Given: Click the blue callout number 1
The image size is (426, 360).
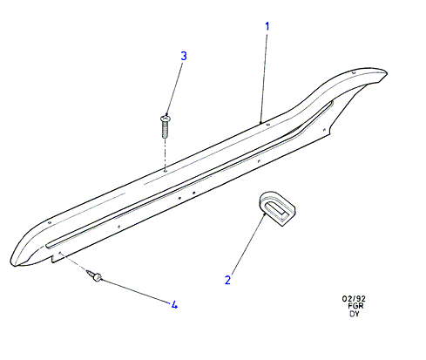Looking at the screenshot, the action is tap(267, 26).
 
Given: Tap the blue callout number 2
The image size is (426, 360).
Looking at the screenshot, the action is tap(227, 280).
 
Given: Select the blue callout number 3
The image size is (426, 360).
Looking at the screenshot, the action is tap(184, 56).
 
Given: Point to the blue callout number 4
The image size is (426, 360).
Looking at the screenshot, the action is tap(174, 305).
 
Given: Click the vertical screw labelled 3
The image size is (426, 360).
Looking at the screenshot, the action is tap(165, 126).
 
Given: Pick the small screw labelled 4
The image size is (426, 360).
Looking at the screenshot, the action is tap(94, 275).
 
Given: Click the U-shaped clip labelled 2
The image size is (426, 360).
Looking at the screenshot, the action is tap(277, 208).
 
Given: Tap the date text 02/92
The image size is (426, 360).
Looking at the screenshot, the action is tap(354, 299).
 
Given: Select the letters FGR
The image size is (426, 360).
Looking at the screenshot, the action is tap(355, 306).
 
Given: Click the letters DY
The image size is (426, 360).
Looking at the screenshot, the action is tap(355, 314).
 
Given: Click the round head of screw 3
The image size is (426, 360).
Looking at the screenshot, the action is tap(166, 119).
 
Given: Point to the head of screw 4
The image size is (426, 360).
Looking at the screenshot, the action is tap(98, 277).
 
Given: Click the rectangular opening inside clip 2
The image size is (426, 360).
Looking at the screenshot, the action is tap(275, 210).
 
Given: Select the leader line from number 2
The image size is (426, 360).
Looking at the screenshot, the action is tap(248, 244).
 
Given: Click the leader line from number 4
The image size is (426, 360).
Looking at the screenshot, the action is tap(136, 291).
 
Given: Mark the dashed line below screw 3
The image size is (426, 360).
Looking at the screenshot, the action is tap(165, 154).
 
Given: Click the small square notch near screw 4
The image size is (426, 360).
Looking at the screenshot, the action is tap(53, 259).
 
